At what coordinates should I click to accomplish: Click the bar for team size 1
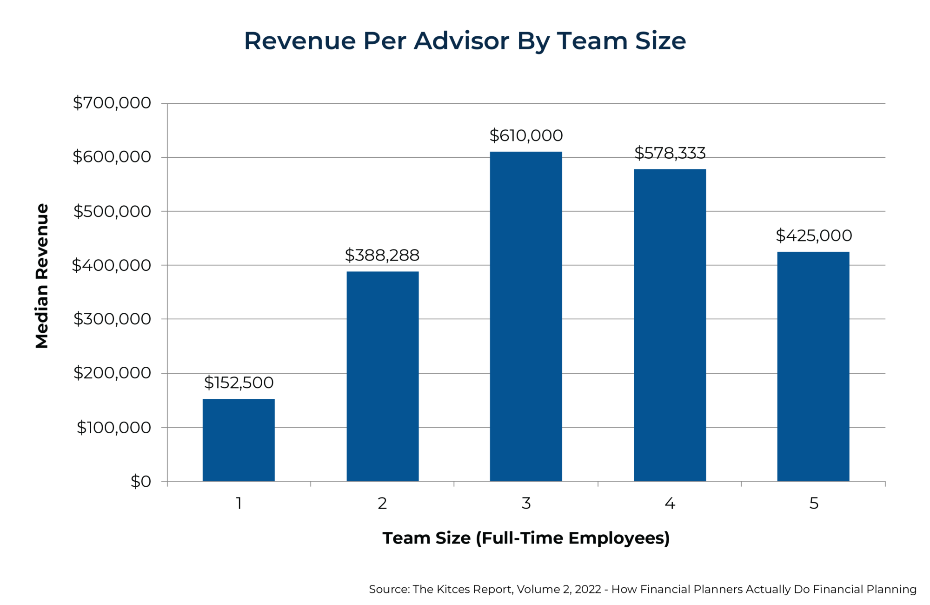pos(239,440)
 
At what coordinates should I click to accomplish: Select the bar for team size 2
pos(382,376)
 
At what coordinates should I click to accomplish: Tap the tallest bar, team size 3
pos(526,316)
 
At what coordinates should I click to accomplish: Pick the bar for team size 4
pos(670,325)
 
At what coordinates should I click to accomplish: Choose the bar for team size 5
pos(813,366)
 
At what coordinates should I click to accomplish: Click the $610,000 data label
pos(526,136)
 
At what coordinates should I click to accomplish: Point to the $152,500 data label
pos(239,383)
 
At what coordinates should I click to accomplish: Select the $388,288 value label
pos(382,255)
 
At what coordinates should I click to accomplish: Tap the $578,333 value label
pos(670,153)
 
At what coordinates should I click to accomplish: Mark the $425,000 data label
pos(813,236)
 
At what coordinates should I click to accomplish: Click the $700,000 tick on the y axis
pos(112,103)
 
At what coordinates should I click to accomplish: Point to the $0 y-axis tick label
pos(140,482)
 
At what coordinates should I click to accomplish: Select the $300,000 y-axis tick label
pos(112,319)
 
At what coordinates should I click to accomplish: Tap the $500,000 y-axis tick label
pos(112,211)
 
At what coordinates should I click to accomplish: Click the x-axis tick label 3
pos(526,504)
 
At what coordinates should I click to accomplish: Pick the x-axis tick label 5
pos(813,504)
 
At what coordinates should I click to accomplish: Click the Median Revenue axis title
pos(42,276)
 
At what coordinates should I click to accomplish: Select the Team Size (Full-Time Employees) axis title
pos(526,538)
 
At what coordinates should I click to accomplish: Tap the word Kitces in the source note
pos(453,590)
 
